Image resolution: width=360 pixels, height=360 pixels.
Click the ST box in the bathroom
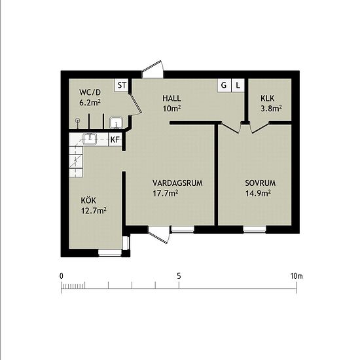[122, 85]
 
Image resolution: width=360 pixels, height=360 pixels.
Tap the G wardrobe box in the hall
[224, 85]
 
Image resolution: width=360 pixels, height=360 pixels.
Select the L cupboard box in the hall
[238, 85]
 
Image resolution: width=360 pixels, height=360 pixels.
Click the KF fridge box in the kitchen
[115, 139]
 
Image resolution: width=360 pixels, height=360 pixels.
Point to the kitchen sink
[90, 139]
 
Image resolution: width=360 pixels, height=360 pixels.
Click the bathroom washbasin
[116, 122]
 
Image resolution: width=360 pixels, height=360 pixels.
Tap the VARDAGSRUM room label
[177, 183]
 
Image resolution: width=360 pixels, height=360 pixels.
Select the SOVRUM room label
[260, 183]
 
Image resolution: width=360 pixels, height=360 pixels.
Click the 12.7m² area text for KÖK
[94, 210]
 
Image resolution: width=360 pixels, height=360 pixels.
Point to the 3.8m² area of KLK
[271, 108]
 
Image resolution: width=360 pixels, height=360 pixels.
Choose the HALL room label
[171, 98]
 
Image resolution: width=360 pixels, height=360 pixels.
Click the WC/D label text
[90, 92]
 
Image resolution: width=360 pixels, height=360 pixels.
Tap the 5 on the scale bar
[179, 276]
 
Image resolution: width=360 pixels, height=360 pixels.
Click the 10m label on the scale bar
[297, 276]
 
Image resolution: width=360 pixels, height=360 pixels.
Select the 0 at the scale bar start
[62, 276]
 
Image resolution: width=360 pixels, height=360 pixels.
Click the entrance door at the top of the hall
[153, 69]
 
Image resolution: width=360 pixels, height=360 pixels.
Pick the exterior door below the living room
[159, 234]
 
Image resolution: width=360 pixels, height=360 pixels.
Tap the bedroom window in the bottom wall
[255, 229]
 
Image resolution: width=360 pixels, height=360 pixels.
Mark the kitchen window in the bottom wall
[110, 253]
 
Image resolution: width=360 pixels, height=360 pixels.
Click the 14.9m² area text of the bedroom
[258, 193]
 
